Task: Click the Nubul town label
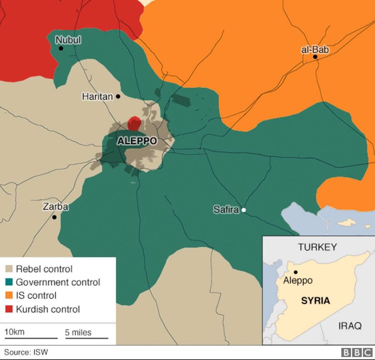pyautogui.click(x=68, y=40)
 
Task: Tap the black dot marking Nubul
pyautogui.click(x=61, y=48)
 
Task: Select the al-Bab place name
pyautogui.click(x=315, y=50)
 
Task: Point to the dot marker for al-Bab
pyautogui.click(x=315, y=57)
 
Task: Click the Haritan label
pyautogui.click(x=98, y=97)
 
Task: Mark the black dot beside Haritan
pyautogui.click(x=118, y=97)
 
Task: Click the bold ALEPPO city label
pyautogui.click(x=137, y=141)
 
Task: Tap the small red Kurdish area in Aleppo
pyautogui.click(x=134, y=124)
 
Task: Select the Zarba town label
pyautogui.click(x=55, y=207)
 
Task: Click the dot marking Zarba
pyautogui.click(x=54, y=217)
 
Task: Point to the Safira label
pyautogui.click(x=226, y=210)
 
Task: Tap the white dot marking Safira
pyautogui.click(x=243, y=210)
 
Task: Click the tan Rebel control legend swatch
pyautogui.click(x=9, y=269)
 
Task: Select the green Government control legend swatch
pyautogui.click(x=9, y=282)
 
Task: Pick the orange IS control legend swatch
pyautogui.click(x=9, y=296)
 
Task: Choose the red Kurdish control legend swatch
pyautogui.click(x=9, y=309)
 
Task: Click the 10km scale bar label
pyautogui.click(x=14, y=332)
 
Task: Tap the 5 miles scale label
pyautogui.click(x=78, y=332)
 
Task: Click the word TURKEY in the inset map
pyautogui.click(x=317, y=247)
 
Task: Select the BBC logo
pyautogui.click(x=356, y=352)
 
